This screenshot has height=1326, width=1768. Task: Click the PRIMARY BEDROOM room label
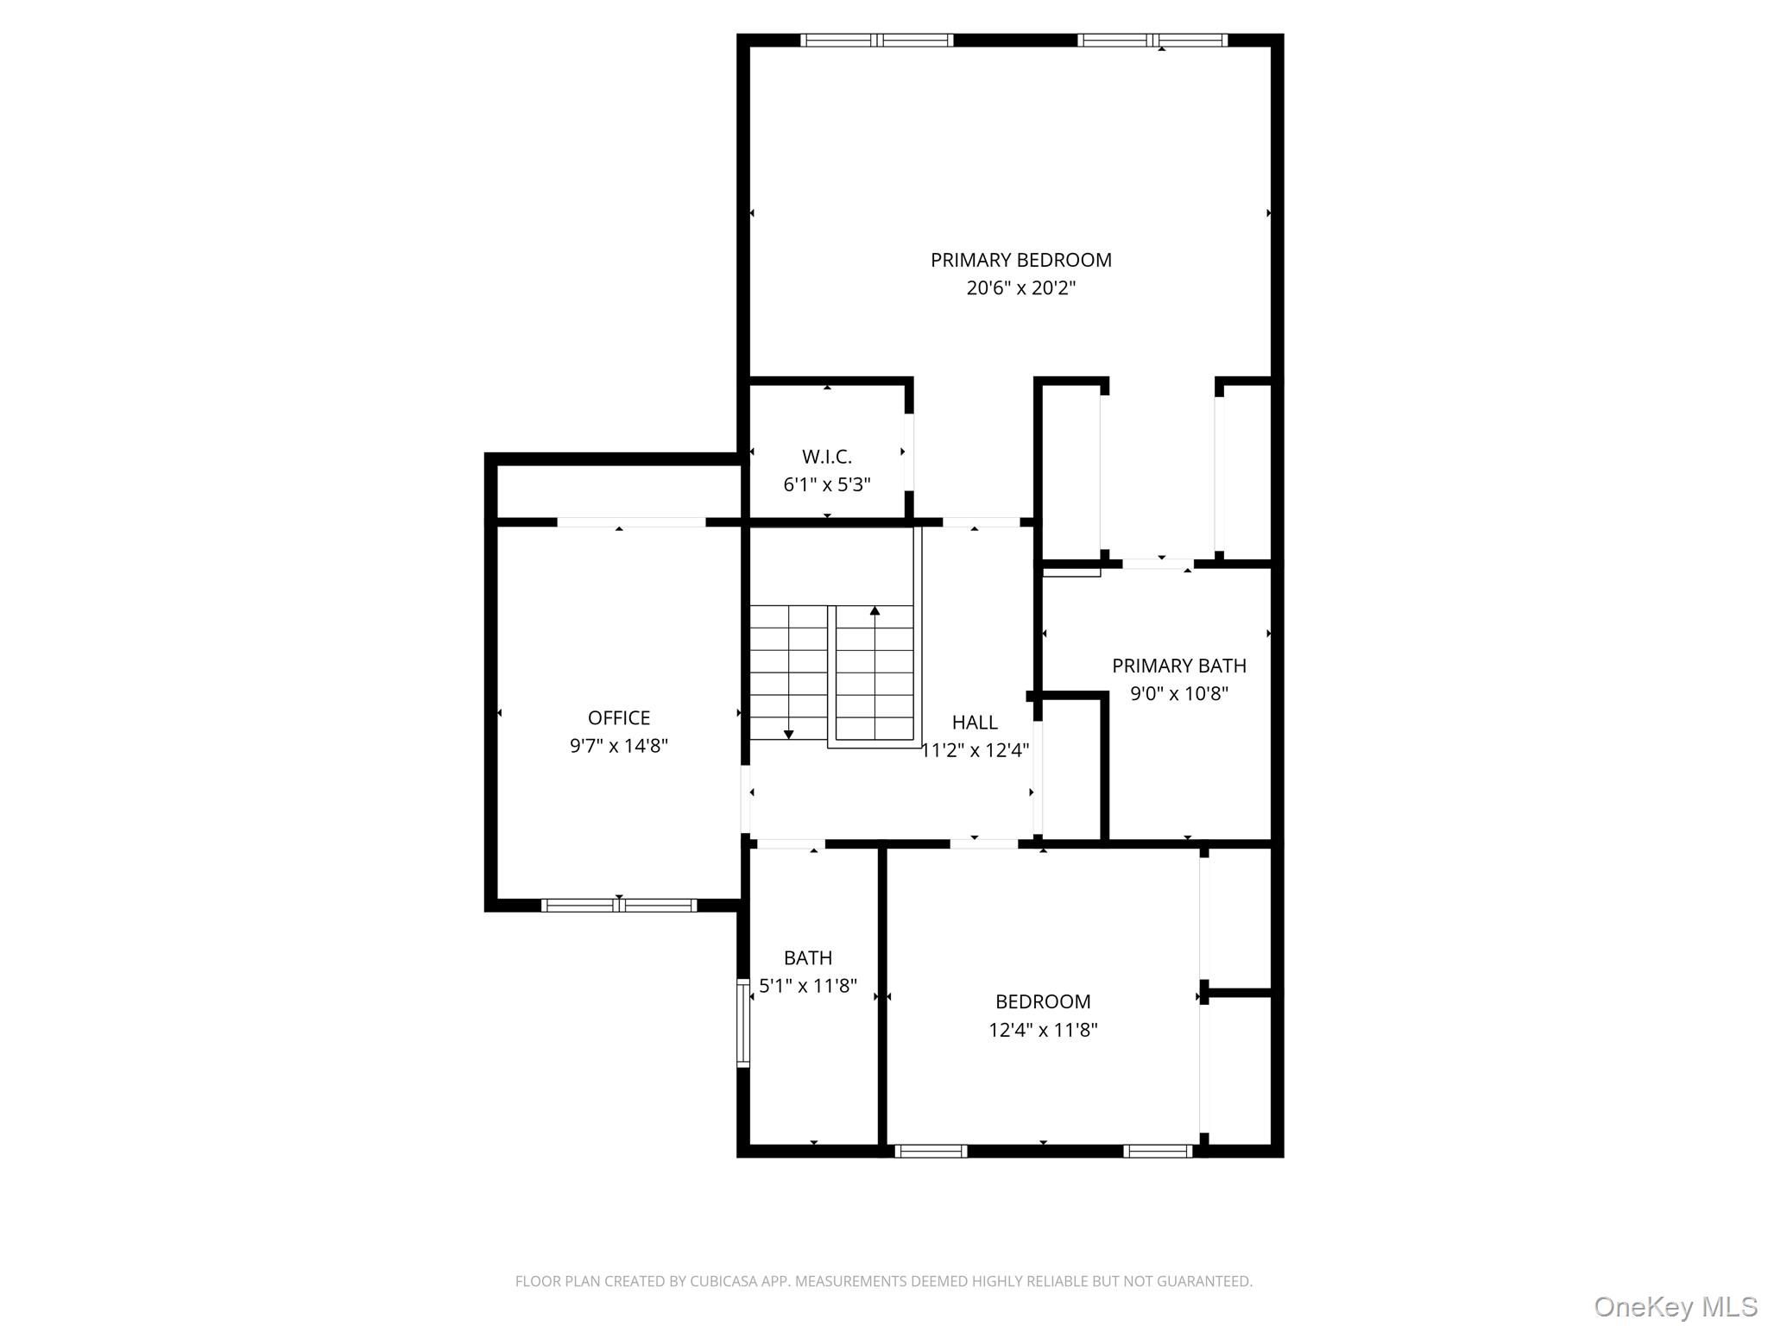1020,260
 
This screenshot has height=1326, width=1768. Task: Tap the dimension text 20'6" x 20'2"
1020,288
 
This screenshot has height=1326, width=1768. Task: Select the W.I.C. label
826,457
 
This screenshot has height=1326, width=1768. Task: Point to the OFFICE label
618,717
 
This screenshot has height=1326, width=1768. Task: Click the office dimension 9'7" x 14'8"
618,746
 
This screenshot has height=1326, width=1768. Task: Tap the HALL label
975,723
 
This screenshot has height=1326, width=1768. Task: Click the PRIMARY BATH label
1178,666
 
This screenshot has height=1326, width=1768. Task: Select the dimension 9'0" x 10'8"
1178,693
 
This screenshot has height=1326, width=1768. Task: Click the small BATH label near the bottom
807,957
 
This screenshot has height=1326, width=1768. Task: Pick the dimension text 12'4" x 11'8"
1042,1030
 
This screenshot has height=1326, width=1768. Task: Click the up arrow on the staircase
875,611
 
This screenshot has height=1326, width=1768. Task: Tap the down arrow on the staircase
788,734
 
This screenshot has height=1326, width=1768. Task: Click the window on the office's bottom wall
618,906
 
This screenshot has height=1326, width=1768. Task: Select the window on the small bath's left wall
742,1023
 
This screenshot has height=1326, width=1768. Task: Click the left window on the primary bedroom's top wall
876,40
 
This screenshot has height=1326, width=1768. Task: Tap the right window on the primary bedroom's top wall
1152,40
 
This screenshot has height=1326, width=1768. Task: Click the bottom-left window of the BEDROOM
931,1151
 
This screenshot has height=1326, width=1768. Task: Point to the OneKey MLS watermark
1675,1306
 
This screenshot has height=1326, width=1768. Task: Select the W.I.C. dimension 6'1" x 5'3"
826,485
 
